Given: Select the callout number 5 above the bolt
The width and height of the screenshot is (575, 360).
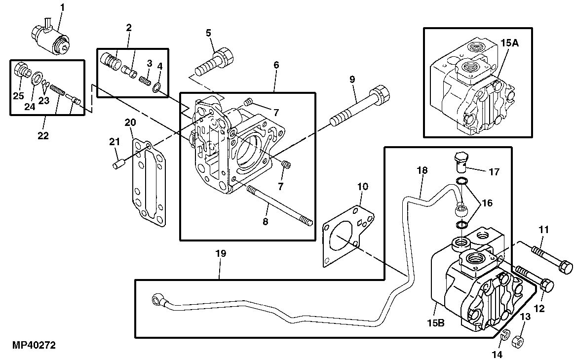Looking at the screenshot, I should coord(208,33).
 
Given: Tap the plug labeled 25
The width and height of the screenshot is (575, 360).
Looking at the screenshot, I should coord(21,72).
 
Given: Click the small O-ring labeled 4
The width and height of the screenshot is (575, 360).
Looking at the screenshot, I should coord(156,87).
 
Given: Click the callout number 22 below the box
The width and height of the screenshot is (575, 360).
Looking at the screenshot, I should coord(43,135).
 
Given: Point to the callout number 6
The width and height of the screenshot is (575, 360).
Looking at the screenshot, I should coord(276,65).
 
